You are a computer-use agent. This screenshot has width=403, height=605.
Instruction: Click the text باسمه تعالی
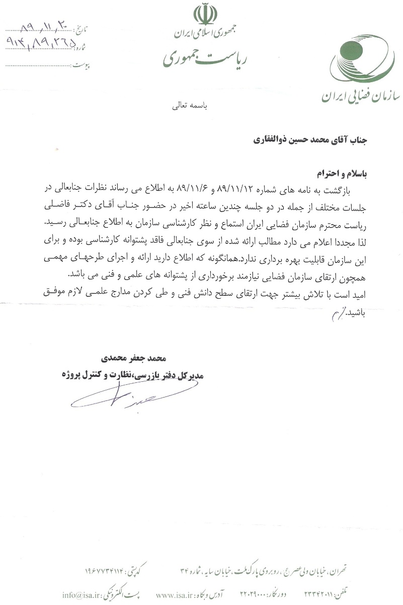pyautogui.click(x=193, y=106)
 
